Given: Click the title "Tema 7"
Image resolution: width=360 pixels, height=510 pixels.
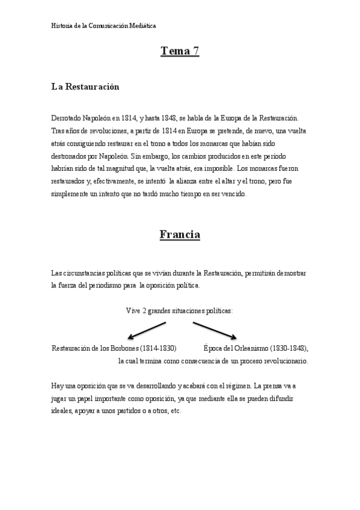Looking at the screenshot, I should [180, 51].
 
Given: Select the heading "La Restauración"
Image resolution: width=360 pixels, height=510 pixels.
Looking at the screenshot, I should [85, 87].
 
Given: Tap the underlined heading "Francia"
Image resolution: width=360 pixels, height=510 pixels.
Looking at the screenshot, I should [180, 234].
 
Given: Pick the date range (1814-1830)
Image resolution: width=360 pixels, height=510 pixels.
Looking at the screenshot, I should [157, 348].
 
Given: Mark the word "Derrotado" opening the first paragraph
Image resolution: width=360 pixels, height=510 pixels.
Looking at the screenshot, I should [67, 118].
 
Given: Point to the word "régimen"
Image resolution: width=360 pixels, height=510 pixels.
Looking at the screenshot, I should [236, 385].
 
